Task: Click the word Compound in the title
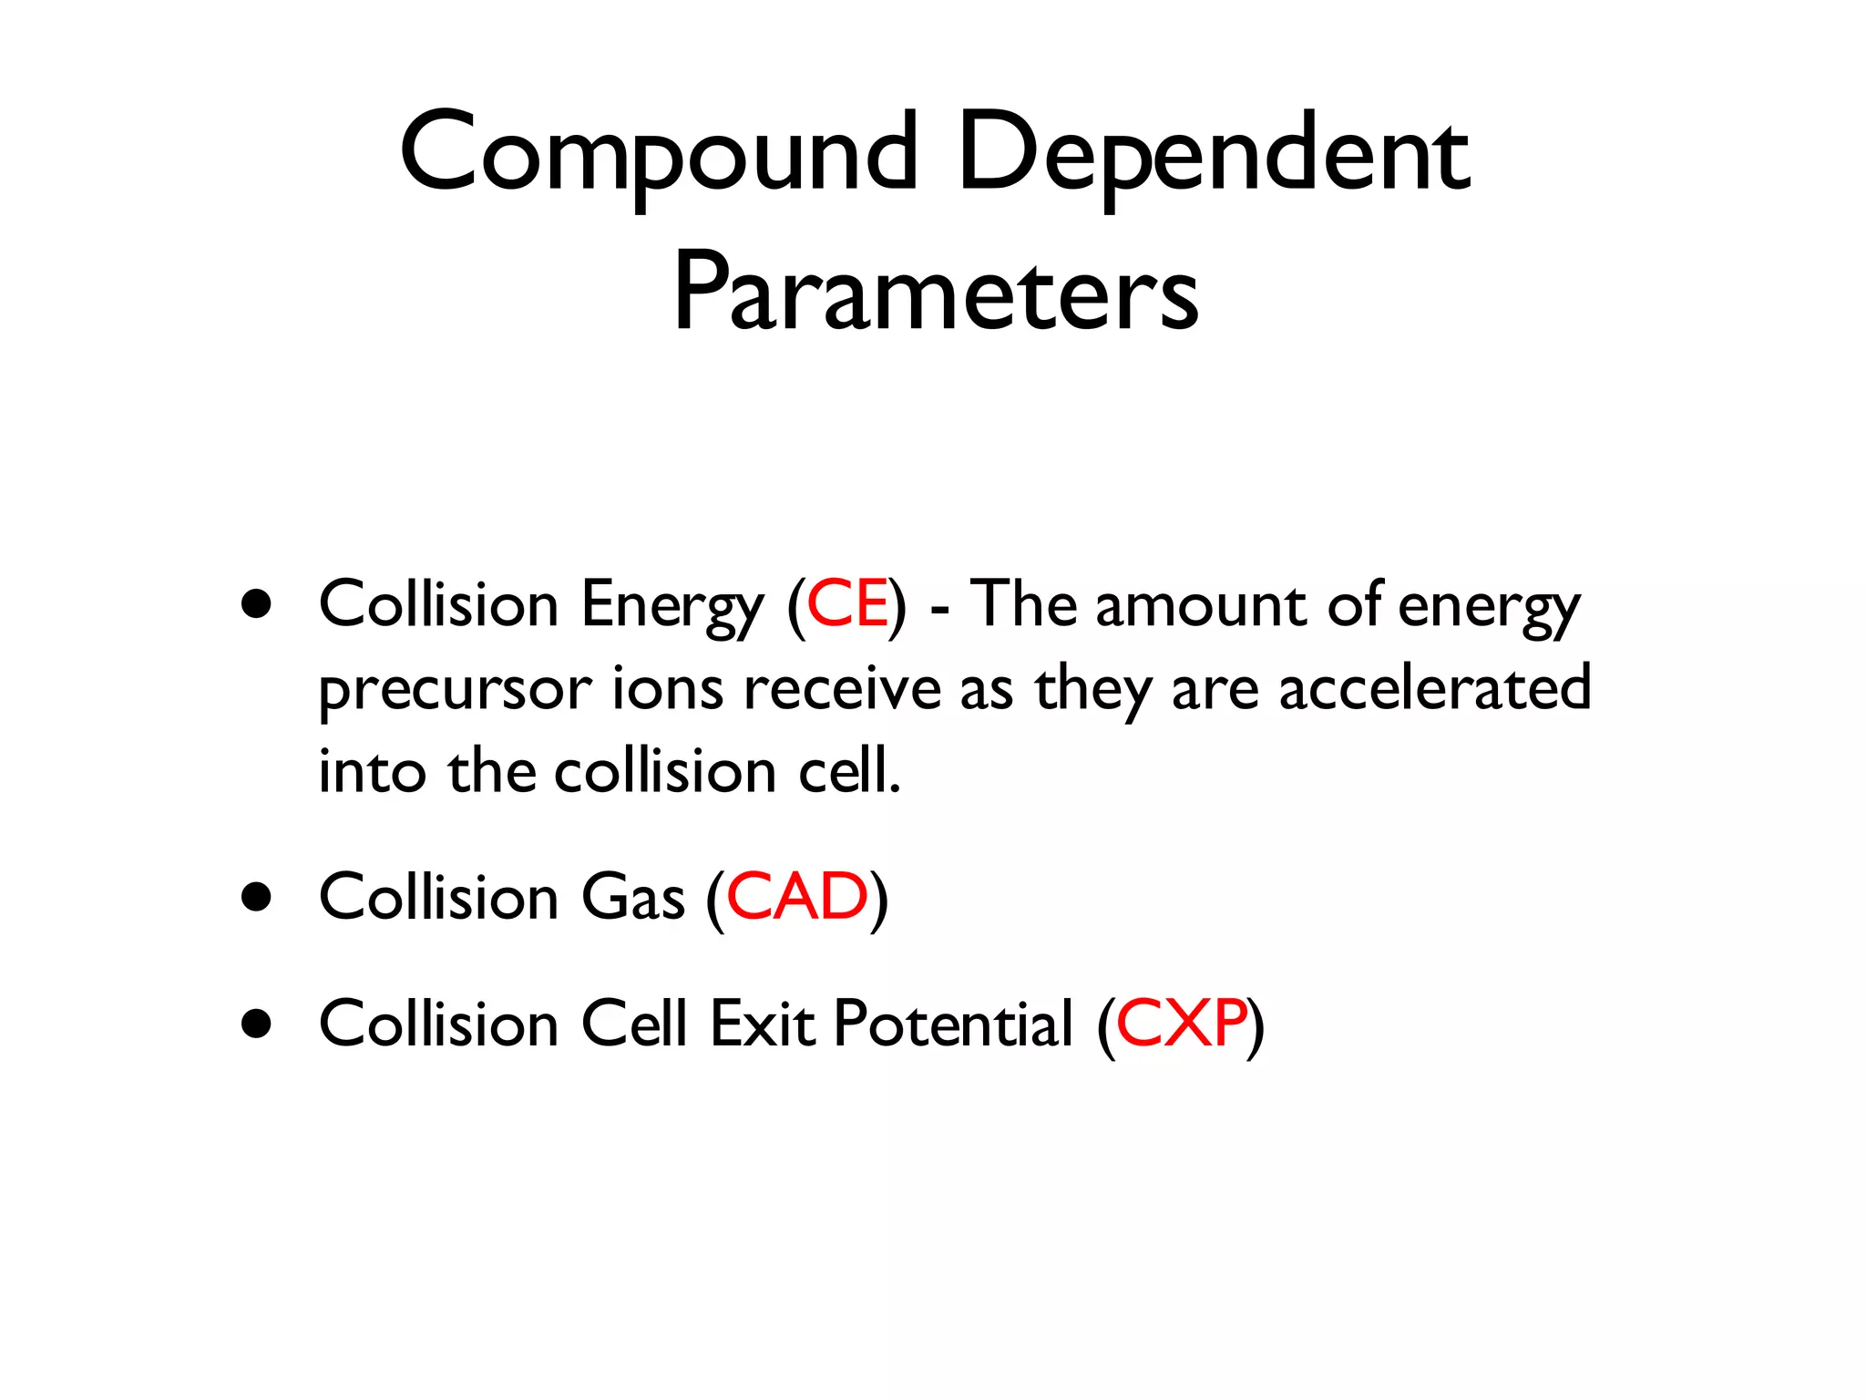[x=658, y=155]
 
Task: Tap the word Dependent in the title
[x=1213, y=155]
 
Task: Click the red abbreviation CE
[x=847, y=604]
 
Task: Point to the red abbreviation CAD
[x=797, y=897]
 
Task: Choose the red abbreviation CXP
[x=1181, y=1024]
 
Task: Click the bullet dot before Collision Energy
[x=257, y=604]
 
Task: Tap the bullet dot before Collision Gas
[x=257, y=897]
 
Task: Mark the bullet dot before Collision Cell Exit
[x=257, y=1024]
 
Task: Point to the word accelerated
[x=1435, y=688]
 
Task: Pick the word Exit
[x=762, y=1024]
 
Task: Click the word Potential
[x=953, y=1024]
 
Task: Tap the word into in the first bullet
[x=372, y=771]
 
